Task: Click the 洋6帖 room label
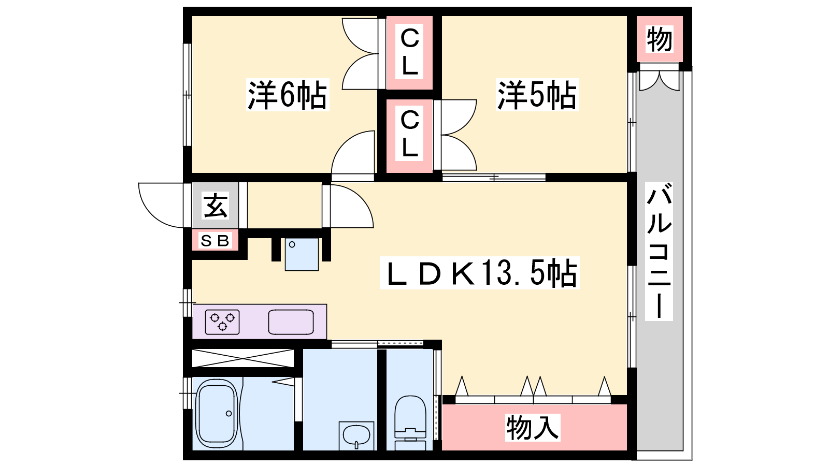click(288, 95)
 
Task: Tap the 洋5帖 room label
click(537, 95)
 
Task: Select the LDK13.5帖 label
click(480, 273)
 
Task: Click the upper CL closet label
click(409, 52)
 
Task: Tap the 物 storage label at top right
click(659, 39)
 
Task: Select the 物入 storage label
click(533, 428)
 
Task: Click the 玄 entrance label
click(216, 205)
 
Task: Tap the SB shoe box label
click(215, 241)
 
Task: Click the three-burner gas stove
click(222, 322)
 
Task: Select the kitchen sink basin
click(291, 322)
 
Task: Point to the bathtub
click(217, 414)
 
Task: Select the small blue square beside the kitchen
click(302, 254)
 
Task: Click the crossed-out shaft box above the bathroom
click(243, 358)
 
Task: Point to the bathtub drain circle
click(228, 413)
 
